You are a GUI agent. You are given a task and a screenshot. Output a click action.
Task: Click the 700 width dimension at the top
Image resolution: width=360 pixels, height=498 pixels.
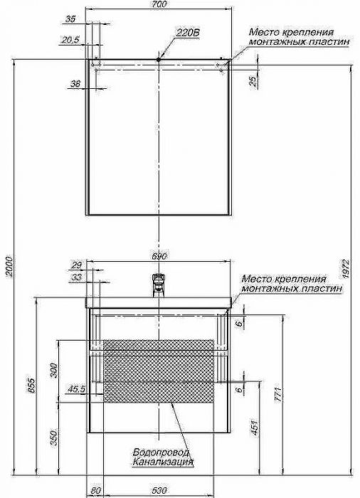[x=159, y=4]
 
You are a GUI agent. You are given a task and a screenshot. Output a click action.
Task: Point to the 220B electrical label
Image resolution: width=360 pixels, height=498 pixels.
[x=188, y=33]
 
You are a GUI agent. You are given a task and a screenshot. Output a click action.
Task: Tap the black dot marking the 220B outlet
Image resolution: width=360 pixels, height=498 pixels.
[x=158, y=59]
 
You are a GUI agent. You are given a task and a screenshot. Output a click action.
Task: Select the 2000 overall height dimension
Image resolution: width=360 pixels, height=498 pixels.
[x=9, y=266]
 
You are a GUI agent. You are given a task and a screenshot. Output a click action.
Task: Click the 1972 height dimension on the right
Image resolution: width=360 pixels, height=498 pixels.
[x=346, y=270]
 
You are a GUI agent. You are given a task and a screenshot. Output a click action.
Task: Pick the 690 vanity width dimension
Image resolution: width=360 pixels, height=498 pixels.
[x=159, y=256]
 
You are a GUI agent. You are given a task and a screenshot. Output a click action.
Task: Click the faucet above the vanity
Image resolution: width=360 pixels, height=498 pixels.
[x=158, y=285]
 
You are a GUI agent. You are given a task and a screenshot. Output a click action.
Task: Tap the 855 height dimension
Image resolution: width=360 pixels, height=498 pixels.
[x=32, y=385]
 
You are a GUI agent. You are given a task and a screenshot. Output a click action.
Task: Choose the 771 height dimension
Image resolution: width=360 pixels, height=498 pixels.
[x=277, y=394]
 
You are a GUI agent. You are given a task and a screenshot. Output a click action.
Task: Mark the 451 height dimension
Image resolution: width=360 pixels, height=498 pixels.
[x=255, y=428]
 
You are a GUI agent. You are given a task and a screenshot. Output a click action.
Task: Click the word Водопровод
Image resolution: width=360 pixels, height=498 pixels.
[x=161, y=452]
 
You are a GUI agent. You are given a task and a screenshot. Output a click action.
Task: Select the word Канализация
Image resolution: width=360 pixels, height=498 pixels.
[x=163, y=462]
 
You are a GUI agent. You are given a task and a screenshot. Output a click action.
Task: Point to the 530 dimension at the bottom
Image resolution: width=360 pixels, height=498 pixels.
[x=159, y=491]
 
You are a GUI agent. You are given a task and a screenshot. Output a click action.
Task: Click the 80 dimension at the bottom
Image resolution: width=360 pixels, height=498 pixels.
[x=95, y=491]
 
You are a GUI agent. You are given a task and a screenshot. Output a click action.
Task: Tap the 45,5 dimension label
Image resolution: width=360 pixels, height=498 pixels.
[x=76, y=389]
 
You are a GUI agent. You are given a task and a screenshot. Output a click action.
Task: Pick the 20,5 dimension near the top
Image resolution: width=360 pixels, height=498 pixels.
[x=70, y=41]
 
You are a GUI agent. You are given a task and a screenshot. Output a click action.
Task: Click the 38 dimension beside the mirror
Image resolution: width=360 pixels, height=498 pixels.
[x=75, y=84]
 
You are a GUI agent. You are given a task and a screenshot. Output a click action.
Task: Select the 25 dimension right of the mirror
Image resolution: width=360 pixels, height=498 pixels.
[x=253, y=82]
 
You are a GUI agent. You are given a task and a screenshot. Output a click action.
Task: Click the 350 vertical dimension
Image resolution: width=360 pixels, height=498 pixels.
[x=54, y=438]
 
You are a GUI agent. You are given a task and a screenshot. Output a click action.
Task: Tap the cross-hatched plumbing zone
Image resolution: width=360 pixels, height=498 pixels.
[x=159, y=371]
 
